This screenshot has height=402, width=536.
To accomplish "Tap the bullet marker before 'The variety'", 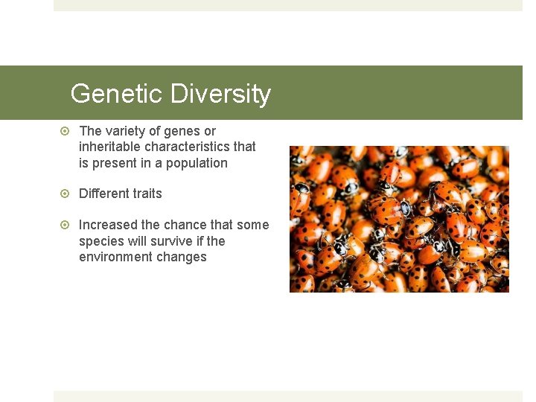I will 65,131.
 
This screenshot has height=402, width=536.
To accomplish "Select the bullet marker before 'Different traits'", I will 65,194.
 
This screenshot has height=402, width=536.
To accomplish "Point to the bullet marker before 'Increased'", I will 65,225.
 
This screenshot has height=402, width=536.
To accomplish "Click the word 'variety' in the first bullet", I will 126,131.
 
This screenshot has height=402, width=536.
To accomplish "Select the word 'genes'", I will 182,131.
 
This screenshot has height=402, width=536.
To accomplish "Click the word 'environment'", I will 115,257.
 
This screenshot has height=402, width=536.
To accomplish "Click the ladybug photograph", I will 399,219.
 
